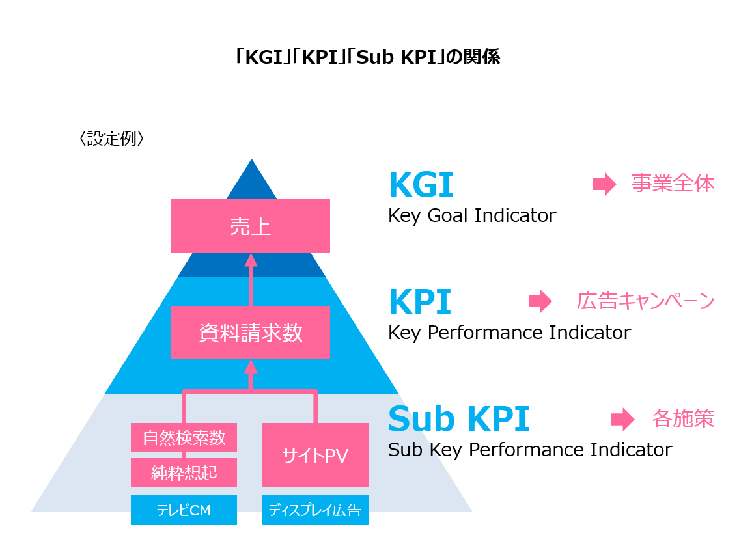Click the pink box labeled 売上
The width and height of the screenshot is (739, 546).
(x=250, y=226)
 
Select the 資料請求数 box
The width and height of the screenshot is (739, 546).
(x=250, y=333)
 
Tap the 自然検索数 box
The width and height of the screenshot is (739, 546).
(x=184, y=437)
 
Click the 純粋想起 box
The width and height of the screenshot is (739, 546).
(x=184, y=472)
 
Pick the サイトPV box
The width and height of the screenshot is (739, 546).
(x=315, y=456)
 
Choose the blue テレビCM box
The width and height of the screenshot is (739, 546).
(x=184, y=510)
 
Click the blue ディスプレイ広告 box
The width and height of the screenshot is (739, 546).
(x=315, y=510)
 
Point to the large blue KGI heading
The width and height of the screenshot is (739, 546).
(x=421, y=185)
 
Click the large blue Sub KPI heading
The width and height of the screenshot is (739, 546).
(x=458, y=419)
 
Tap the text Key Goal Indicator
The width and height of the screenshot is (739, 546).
(x=472, y=215)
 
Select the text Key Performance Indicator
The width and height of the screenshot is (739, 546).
(x=509, y=333)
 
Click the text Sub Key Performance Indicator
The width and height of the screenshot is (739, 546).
(x=529, y=450)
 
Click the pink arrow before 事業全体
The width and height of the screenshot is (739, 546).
(x=604, y=184)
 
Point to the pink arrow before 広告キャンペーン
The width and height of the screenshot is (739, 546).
(x=540, y=301)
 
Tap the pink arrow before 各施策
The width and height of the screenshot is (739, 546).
(x=622, y=419)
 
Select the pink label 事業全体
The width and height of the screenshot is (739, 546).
(x=673, y=184)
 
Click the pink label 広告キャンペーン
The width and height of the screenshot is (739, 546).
(x=645, y=301)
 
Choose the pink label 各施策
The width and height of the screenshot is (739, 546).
(x=682, y=418)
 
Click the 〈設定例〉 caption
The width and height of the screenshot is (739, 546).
(x=111, y=139)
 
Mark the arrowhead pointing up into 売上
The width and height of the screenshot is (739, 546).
(x=251, y=260)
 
